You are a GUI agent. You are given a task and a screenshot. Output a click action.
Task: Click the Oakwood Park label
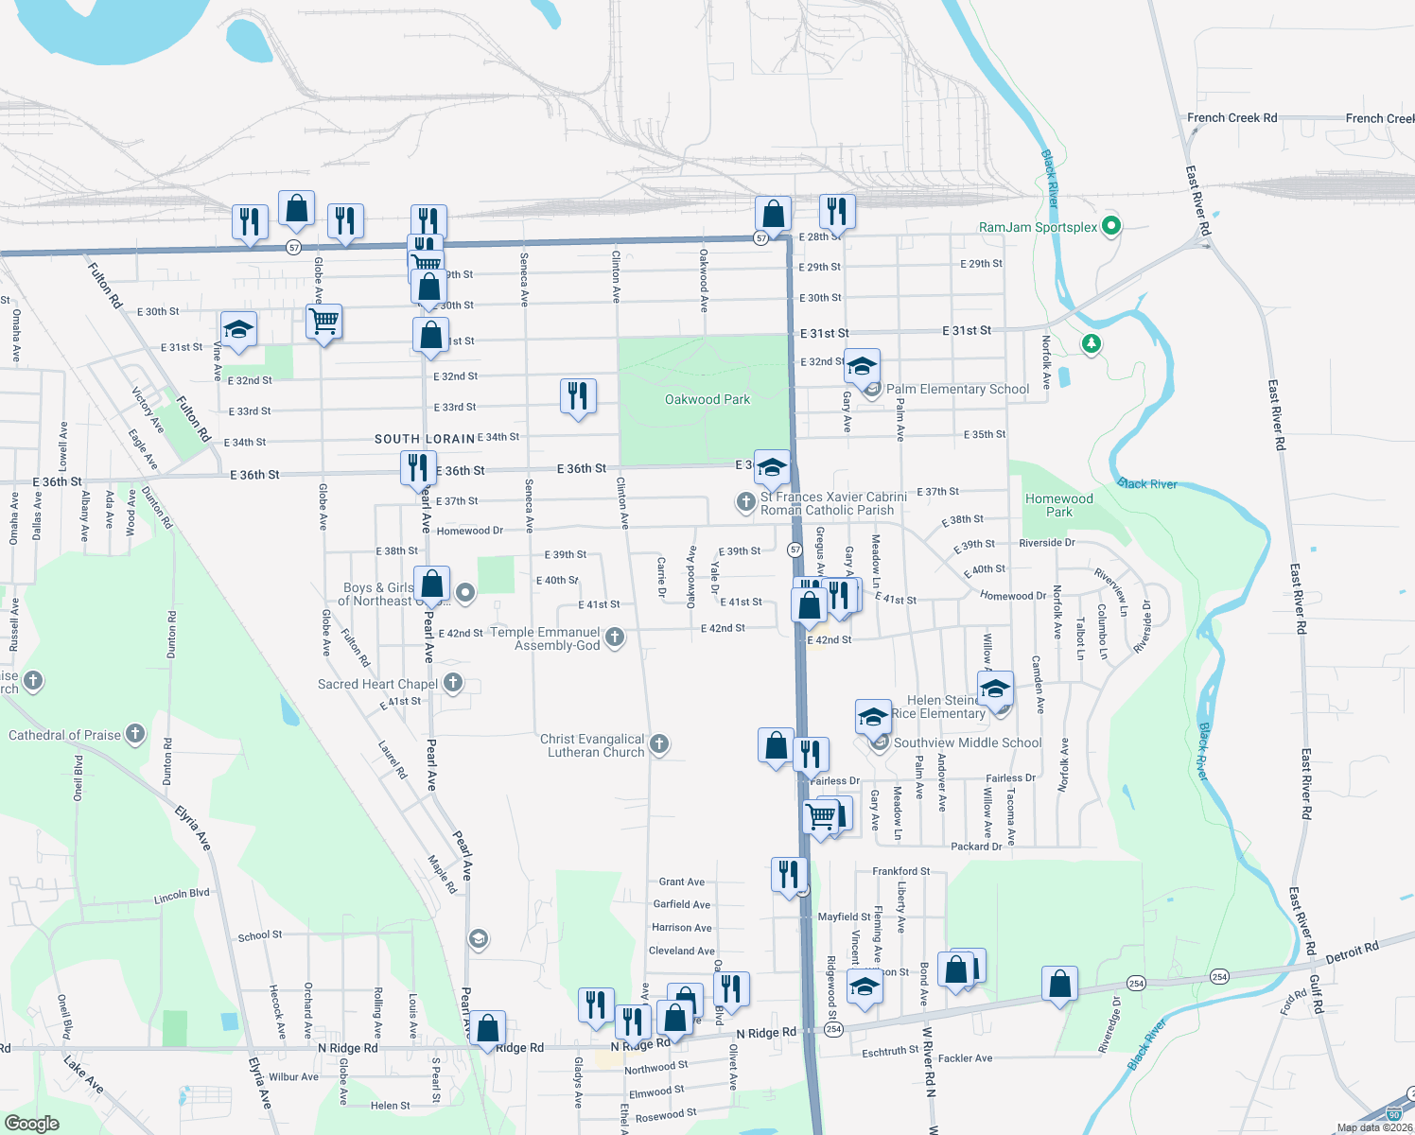click(x=707, y=399)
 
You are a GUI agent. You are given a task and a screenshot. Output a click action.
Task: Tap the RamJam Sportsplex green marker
click(x=1112, y=226)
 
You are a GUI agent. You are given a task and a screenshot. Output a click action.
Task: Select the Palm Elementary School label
click(x=957, y=389)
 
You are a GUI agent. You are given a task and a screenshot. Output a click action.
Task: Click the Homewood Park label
click(x=1059, y=505)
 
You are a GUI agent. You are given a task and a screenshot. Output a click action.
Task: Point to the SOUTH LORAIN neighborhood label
click(x=425, y=439)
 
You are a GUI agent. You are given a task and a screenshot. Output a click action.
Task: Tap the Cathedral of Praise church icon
click(x=135, y=733)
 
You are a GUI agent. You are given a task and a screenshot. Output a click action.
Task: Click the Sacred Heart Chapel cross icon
click(x=453, y=682)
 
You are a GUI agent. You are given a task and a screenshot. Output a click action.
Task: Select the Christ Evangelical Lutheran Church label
click(x=592, y=745)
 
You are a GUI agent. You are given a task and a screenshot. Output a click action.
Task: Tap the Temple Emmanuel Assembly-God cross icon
click(x=615, y=637)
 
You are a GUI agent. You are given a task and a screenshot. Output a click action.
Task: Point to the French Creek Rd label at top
click(x=1232, y=118)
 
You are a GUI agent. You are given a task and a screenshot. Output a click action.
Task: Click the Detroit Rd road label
click(x=1352, y=952)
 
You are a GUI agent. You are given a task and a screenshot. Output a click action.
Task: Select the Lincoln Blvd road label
click(x=182, y=896)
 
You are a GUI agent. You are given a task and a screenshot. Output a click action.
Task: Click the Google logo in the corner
click(x=32, y=1123)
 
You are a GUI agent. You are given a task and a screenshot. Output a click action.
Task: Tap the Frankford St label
click(x=900, y=871)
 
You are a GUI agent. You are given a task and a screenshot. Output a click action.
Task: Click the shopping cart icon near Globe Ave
click(x=323, y=321)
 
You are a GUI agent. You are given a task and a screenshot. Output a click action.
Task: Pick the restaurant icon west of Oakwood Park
click(x=578, y=395)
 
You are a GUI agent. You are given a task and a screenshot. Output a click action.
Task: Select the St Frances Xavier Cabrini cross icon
click(x=745, y=501)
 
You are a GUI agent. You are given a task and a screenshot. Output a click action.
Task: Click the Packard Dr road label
click(x=976, y=847)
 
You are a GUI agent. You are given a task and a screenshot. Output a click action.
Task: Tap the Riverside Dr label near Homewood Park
click(x=1046, y=543)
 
